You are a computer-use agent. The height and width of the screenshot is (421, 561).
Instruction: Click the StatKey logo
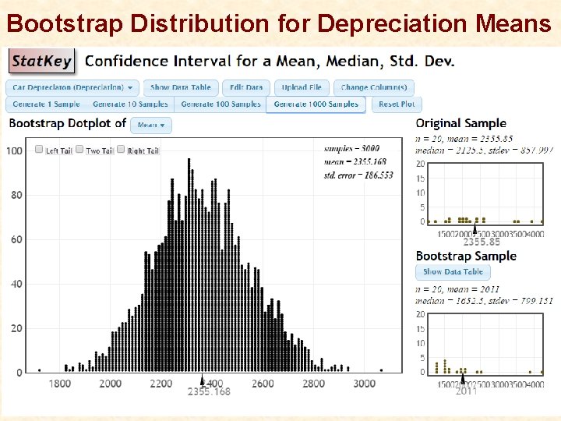[41, 61]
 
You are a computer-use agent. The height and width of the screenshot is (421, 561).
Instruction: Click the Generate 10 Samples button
[130, 104]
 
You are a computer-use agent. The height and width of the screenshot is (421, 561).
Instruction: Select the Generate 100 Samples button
[221, 104]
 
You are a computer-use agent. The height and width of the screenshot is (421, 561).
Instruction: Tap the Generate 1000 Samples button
[316, 104]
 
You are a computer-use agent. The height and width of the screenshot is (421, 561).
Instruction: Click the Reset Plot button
[397, 104]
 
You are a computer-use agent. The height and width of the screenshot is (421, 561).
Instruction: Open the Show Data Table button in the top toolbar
[180, 88]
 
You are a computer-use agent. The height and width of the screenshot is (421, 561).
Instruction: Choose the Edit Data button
[247, 88]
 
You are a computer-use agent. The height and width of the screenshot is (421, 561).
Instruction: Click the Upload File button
[302, 88]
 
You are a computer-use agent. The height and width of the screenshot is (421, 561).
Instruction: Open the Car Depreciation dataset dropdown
[73, 88]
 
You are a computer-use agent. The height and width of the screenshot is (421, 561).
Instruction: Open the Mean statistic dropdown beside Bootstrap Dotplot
[151, 125]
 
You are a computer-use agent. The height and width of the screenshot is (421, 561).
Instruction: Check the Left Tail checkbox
[40, 150]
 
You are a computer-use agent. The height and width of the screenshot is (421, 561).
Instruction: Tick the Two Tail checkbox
[79, 150]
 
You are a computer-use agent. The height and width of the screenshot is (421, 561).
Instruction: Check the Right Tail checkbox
[122, 150]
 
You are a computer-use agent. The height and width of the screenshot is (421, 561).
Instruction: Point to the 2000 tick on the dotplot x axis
[111, 383]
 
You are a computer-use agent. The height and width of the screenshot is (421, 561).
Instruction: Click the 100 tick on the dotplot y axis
[14, 150]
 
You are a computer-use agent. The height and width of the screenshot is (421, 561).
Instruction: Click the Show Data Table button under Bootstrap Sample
[453, 272]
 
